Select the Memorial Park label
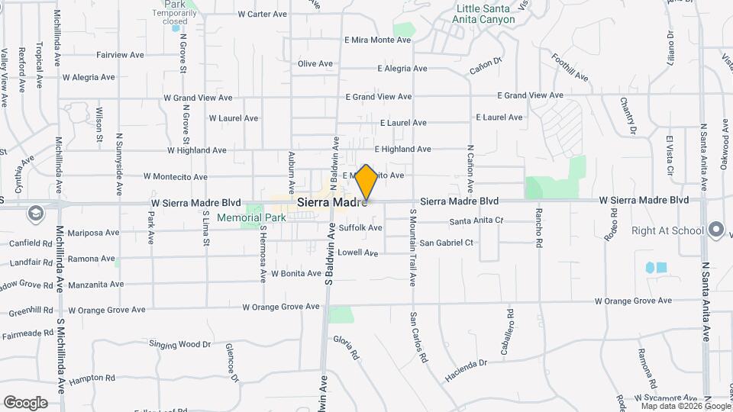(x=251, y=217)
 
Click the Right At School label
(x=667, y=230)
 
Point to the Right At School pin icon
(x=715, y=229)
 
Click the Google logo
(x=25, y=402)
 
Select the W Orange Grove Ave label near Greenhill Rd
(x=107, y=310)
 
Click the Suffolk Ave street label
(x=360, y=227)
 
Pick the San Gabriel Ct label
(x=447, y=243)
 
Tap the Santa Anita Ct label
(x=476, y=221)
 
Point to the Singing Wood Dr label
(x=179, y=345)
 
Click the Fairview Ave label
(x=121, y=55)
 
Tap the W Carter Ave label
(x=262, y=14)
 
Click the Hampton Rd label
(x=92, y=378)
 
